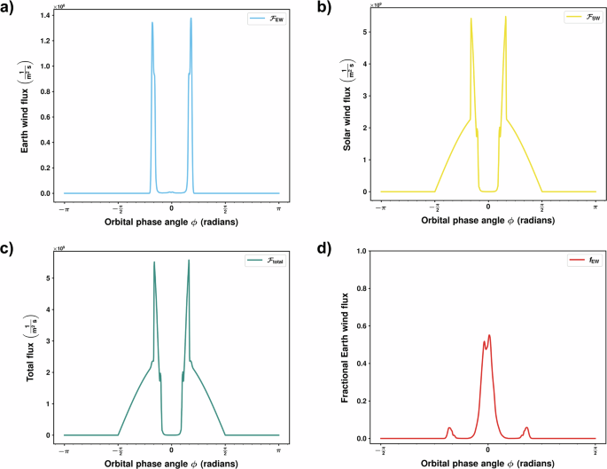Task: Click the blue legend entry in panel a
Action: tap(261, 17)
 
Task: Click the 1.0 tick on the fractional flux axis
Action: tap(362, 251)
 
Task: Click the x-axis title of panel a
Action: tap(171, 220)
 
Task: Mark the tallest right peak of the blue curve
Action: tap(191, 19)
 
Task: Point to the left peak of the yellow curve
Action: tap(471, 19)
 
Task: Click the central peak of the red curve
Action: tap(489, 335)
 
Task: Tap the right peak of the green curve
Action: tap(189, 261)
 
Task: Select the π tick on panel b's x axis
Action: tap(595, 206)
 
